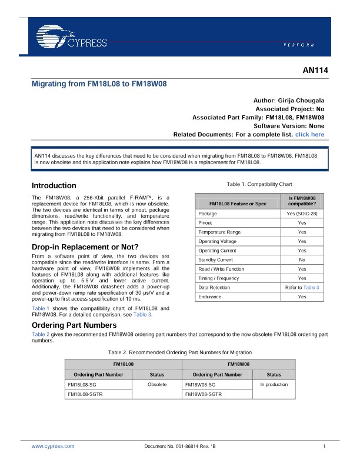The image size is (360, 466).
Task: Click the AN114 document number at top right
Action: tap(314, 71)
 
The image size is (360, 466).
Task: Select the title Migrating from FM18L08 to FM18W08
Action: tap(99, 84)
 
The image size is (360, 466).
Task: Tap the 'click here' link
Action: tap(309, 135)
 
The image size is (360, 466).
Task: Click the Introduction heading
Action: tap(54, 185)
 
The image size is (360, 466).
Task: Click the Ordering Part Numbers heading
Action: tap(74, 325)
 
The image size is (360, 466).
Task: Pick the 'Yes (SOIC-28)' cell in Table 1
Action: tap(302, 214)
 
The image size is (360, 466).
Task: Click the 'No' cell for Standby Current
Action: tap(302, 259)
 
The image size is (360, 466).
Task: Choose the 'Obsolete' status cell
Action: tap(158, 384)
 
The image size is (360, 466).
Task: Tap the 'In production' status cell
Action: tap(274, 384)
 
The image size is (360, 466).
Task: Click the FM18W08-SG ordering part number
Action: tap(200, 384)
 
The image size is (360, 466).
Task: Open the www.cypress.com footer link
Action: tap(53, 447)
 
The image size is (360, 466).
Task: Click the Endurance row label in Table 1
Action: tap(210, 297)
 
